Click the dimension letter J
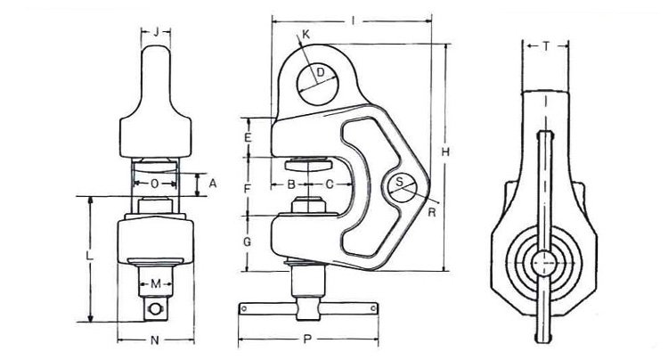[156, 31]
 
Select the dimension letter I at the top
[353, 20]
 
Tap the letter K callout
[305, 35]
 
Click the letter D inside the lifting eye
[322, 72]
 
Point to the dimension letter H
[445, 151]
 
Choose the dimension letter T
[546, 46]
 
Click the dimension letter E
[248, 137]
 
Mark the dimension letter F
[248, 188]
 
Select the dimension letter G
[247, 241]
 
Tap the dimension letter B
[291, 184]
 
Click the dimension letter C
[330, 184]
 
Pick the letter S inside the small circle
[399, 182]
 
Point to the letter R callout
[432, 212]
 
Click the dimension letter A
[213, 184]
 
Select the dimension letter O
[155, 184]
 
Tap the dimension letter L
[90, 256]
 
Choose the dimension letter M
[156, 283]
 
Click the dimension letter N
[155, 340]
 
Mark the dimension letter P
[307, 340]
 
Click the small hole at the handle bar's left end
[244, 308]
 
